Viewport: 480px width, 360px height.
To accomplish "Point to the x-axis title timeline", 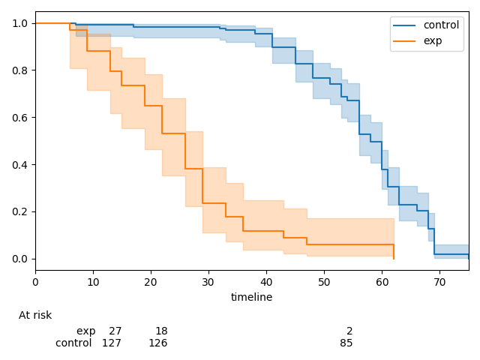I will click(x=251, y=297).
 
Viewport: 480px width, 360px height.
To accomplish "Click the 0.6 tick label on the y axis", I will click(x=21, y=118).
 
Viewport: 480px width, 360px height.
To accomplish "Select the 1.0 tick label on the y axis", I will click(x=21, y=23).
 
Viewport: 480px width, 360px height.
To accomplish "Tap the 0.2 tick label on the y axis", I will click(x=21, y=211).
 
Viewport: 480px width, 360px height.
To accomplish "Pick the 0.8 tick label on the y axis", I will click(x=21, y=70).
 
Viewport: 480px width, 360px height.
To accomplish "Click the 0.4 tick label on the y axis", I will click(x=21, y=165).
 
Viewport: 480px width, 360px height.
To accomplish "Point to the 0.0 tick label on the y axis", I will click(x=21, y=259).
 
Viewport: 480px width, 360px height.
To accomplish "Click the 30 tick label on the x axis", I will click(x=208, y=282).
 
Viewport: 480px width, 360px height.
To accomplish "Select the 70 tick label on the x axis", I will click(x=439, y=282).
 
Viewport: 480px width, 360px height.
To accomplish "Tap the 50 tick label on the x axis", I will click(x=324, y=282).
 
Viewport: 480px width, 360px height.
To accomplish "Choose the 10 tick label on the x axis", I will click(x=93, y=282).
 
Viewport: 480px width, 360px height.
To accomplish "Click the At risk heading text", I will click(x=35, y=316).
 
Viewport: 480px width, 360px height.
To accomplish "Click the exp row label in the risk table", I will click(x=85, y=331).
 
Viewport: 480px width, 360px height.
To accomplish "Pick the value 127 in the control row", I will click(x=112, y=343).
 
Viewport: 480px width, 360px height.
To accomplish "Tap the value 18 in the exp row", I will click(x=161, y=331).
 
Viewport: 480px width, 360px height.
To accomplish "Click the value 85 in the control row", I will click(x=346, y=343).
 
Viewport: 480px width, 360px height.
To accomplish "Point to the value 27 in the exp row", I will click(x=115, y=331).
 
